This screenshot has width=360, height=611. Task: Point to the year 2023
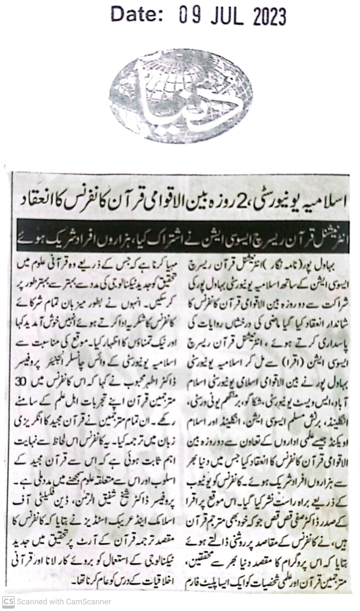[269, 17]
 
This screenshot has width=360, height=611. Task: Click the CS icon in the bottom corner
[8, 602]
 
